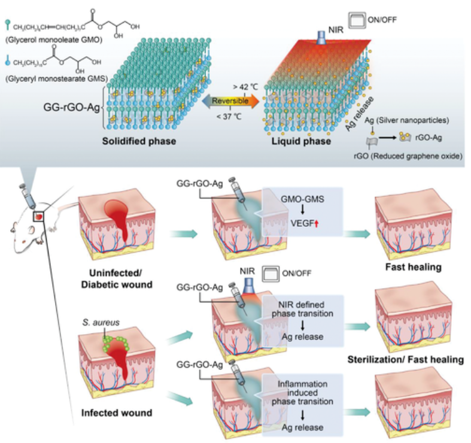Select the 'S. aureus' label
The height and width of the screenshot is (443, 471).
coord(99,322)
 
